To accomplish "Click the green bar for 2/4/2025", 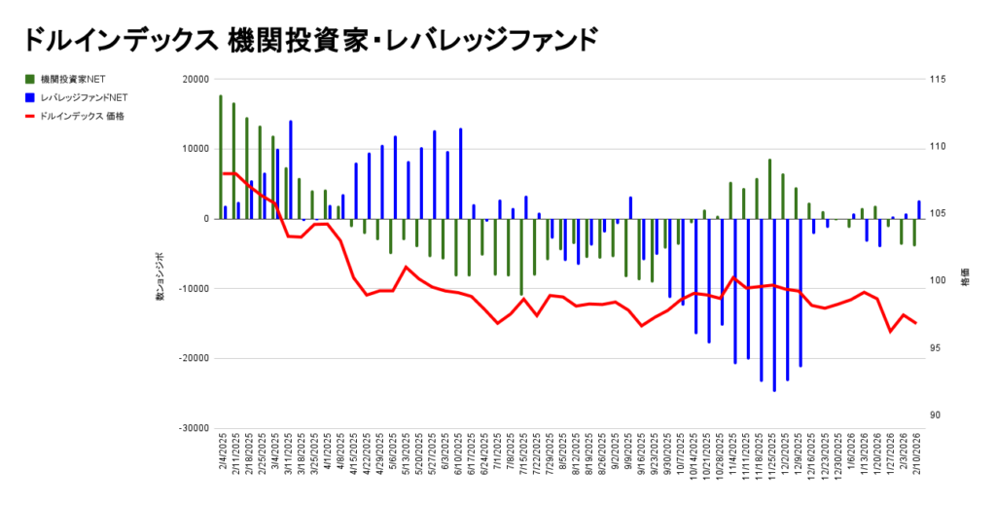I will pyautogui.click(x=221, y=157).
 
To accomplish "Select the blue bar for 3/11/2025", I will pyautogui.click(x=290, y=169).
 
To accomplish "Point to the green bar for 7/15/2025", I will pyautogui.click(x=521, y=256).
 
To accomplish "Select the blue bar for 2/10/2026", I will pyautogui.click(x=919, y=209).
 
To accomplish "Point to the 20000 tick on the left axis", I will pyautogui.click(x=197, y=80).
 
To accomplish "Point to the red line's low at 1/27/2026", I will pyautogui.click(x=889, y=332).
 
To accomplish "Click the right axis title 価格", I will pyautogui.click(x=964, y=276).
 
